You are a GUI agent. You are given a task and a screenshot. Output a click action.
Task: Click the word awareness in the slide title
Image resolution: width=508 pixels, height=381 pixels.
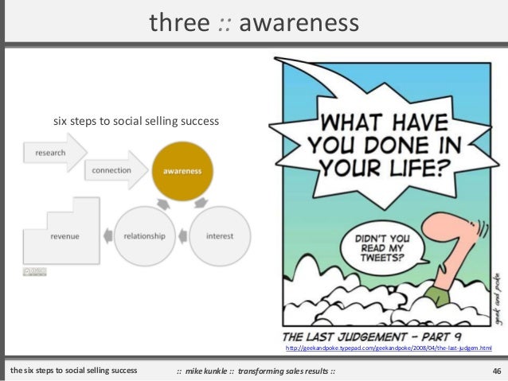pyautogui.click(x=299, y=23)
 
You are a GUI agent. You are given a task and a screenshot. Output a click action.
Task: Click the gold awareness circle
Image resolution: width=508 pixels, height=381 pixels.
pyautogui.click(x=182, y=171)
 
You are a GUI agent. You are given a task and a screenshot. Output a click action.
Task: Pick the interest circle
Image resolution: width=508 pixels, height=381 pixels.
pyautogui.click(x=219, y=235)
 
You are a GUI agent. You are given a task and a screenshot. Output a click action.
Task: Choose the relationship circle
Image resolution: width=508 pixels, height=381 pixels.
pyautogui.click(x=144, y=235)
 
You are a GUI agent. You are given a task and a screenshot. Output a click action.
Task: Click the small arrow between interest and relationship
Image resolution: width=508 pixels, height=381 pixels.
pyautogui.click(x=182, y=235)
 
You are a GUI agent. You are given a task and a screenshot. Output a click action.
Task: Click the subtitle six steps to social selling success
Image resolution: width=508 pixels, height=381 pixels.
pyautogui.click(x=135, y=122)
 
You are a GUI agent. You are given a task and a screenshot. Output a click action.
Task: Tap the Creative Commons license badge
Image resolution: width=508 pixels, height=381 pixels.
pyautogui.click(x=34, y=272)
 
